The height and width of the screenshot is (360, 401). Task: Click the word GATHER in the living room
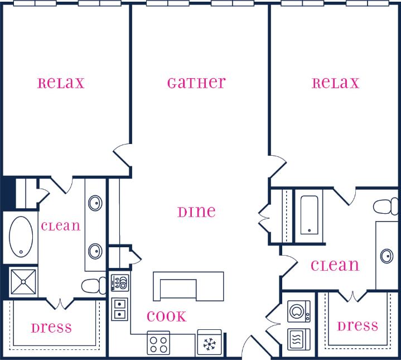196,83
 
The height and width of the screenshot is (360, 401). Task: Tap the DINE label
196,212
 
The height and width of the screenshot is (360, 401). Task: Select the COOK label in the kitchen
166,316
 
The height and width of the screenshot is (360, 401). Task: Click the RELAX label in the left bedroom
61,84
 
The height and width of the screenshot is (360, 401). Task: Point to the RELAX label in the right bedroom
335,84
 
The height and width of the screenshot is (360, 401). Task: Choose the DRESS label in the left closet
51,328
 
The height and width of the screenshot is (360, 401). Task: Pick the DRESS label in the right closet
357,325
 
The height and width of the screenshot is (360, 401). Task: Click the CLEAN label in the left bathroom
60,227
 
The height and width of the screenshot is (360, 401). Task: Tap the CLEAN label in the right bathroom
335,266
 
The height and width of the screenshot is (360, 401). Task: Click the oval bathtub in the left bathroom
21,236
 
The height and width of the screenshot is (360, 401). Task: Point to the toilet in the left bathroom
93,286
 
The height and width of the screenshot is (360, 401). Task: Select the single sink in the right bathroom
386,256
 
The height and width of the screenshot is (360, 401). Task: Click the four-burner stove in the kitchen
159,342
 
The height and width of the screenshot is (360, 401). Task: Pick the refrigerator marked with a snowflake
210,343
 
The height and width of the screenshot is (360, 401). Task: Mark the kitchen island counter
189,286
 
